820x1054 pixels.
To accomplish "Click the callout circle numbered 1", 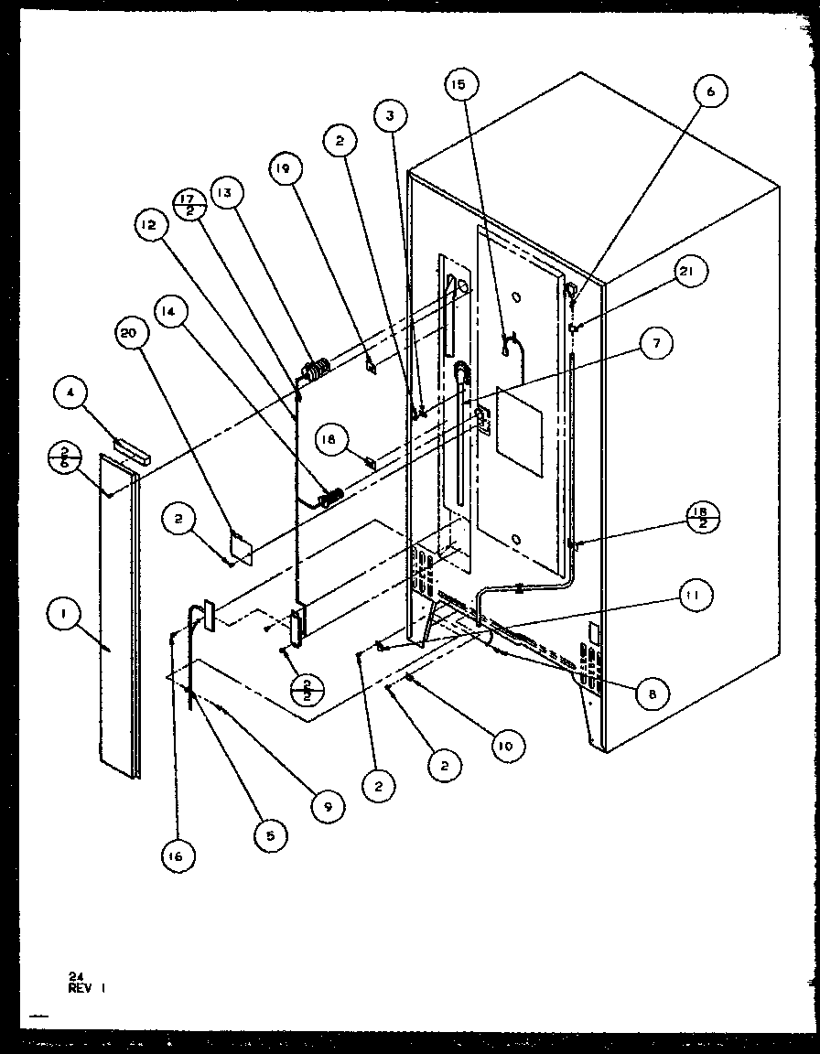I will pos(63,618).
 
